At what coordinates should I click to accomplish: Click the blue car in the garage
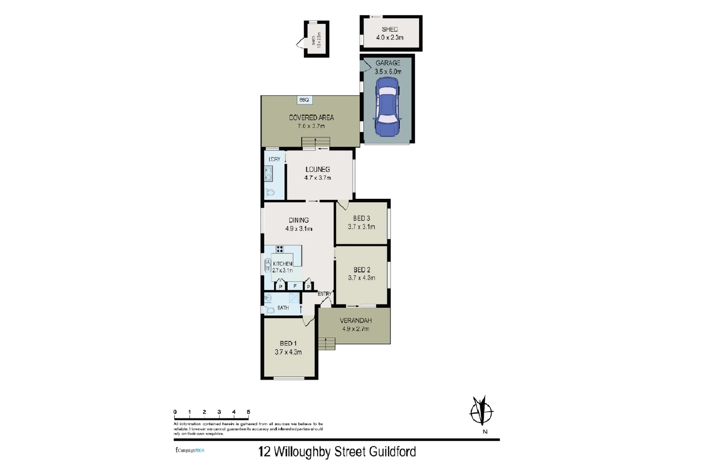387,106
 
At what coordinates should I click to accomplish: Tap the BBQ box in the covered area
304,100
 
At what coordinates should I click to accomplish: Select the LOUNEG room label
318,169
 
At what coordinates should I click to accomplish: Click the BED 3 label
361,218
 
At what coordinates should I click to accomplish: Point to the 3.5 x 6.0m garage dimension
388,72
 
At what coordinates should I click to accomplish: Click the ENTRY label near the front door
324,294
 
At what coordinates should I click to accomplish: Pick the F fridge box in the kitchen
295,287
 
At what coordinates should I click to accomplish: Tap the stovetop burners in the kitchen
279,249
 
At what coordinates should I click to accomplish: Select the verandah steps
326,344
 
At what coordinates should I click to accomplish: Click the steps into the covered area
316,143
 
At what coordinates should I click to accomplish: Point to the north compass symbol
481,411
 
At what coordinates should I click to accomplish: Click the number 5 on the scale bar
248,412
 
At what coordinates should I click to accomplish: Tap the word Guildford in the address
392,451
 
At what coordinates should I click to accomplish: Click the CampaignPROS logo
190,450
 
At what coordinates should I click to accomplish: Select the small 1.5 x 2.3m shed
316,39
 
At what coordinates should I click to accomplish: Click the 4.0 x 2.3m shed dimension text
390,38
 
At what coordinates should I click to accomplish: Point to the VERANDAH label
356,321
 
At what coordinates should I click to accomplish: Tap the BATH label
283,308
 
